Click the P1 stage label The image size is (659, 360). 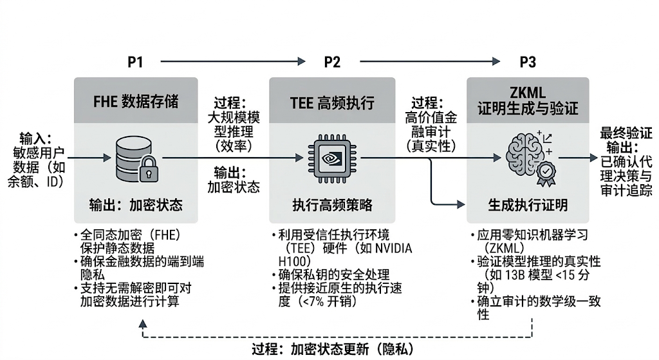(135, 62)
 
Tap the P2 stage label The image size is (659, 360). (332, 62)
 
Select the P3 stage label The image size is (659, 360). (527, 62)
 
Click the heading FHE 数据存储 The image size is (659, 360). (136, 102)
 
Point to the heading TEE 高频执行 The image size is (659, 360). (332, 102)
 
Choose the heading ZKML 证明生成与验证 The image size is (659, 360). (527, 101)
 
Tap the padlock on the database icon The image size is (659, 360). (149, 169)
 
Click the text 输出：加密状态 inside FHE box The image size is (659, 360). (136, 205)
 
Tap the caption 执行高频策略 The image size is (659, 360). (332, 205)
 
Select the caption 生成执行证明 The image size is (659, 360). (527, 205)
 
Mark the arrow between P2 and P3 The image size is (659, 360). (430, 62)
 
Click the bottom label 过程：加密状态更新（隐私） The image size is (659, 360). (330, 350)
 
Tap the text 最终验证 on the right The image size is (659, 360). (626, 133)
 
